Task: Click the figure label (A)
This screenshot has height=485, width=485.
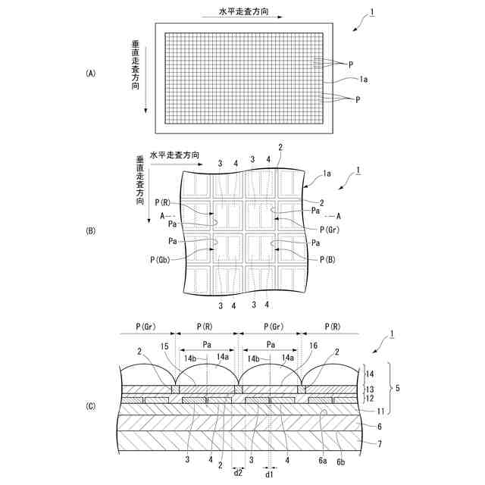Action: pyautogui.click(x=91, y=74)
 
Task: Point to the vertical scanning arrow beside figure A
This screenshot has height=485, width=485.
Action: pyautogui.click(x=144, y=76)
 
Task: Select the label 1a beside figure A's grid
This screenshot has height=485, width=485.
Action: pyautogui.click(x=364, y=78)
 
